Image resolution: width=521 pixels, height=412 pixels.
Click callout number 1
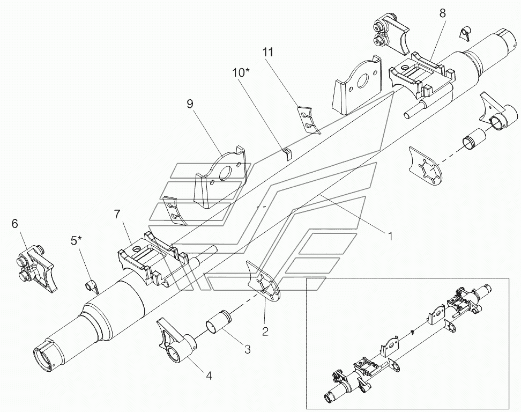pos(390,237)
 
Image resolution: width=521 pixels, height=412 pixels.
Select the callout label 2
pos(265,331)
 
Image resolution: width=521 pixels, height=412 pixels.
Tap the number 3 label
pos(248,349)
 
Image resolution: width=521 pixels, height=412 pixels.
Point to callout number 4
pos(209,376)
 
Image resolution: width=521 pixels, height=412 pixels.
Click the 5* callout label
pos(77,241)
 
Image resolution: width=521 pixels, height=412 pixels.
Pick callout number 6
pos(14,224)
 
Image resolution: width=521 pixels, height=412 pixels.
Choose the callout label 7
pos(117,215)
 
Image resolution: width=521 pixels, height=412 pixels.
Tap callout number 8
pos(443,13)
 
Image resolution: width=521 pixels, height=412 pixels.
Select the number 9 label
pos(190,104)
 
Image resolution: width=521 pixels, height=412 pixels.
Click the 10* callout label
pos(241,73)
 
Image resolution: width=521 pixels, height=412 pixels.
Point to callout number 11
pos(268,52)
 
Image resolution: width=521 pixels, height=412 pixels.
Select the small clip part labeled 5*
pos(91,286)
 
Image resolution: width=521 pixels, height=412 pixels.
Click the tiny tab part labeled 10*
pos(287,154)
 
